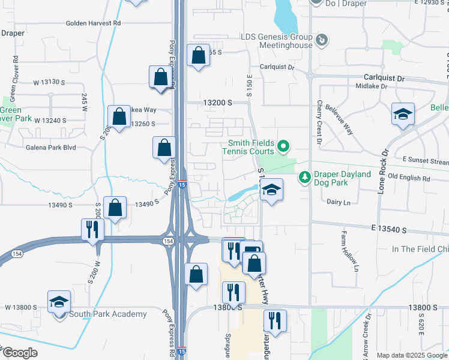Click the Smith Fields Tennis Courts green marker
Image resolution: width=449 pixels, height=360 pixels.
point(284,145)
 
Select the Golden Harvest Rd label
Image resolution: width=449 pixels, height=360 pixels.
point(94,23)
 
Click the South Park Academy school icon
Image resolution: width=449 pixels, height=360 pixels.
point(59,302)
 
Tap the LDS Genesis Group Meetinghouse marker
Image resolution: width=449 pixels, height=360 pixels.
point(322,40)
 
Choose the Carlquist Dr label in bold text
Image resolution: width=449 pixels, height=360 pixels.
point(385,78)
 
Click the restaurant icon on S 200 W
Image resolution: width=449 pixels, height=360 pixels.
point(92,230)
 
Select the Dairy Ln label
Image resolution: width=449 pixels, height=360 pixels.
point(338,202)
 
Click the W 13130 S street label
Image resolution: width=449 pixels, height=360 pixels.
point(49,82)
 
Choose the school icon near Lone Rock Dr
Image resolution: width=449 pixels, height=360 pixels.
point(403,114)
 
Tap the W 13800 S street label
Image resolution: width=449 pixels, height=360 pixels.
point(22,307)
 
